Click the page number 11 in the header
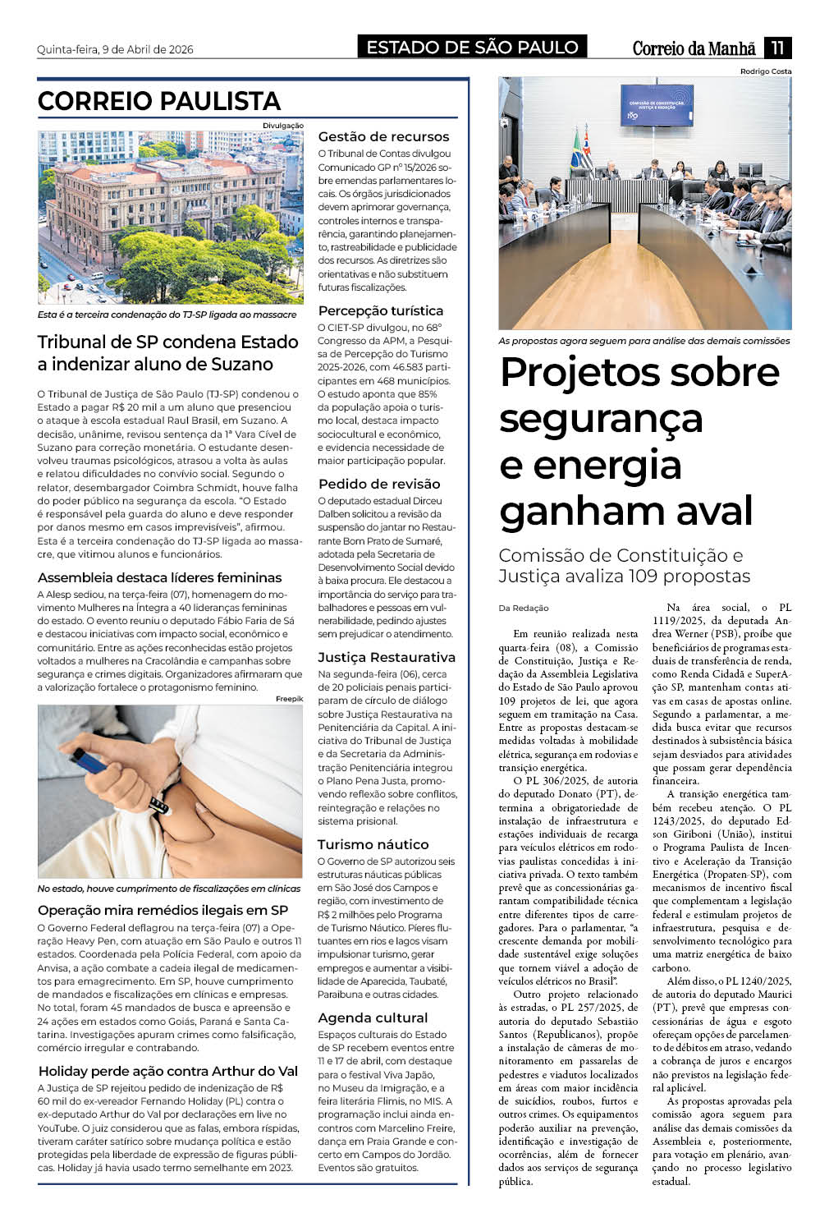pos(776,48)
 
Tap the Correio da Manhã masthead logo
pos(694,48)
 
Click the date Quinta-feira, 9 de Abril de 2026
pos(115,49)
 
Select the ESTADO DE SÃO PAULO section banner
pos(472,47)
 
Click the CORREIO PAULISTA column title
pos(159,101)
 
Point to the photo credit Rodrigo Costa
pos(766,71)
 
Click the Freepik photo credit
pos(289,699)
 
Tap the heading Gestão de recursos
pos(383,137)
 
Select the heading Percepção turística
pos(380,311)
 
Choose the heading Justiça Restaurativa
pos(386,657)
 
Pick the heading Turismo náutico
pos(373,844)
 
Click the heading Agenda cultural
pos(373,1018)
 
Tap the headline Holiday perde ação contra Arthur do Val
pos(167,1071)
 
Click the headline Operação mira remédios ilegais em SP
pos(163,910)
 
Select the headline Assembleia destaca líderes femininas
pos(159,577)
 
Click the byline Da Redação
pos(523,608)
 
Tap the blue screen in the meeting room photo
pos(656,105)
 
